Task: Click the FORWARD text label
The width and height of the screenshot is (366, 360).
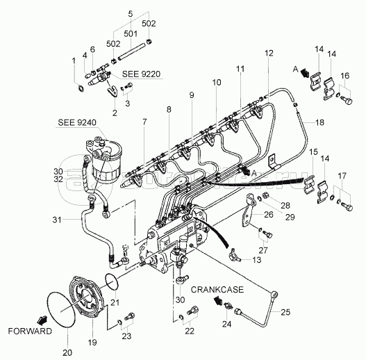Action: [x=30, y=331]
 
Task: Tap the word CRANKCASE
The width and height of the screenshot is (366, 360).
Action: [x=217, y=290]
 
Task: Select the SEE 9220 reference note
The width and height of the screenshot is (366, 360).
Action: [x=141, y=74]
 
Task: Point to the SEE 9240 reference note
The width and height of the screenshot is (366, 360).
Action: [x=77, y=122]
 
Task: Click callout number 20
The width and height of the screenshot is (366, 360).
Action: [x=67, y=352]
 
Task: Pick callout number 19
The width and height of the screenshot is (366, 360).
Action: [x=92, y=343]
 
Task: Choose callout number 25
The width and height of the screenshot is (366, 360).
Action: [x=285, y=312]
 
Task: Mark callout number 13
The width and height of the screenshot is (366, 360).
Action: [x=256, y=260]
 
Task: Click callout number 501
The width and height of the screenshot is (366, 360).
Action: [x=131, y=34]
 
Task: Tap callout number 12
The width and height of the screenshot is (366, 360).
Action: [x=269, y=53]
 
